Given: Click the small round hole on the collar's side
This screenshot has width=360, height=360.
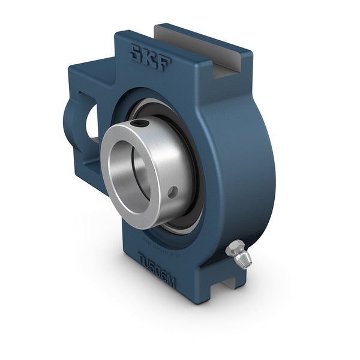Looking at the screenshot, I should coord(173,193).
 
